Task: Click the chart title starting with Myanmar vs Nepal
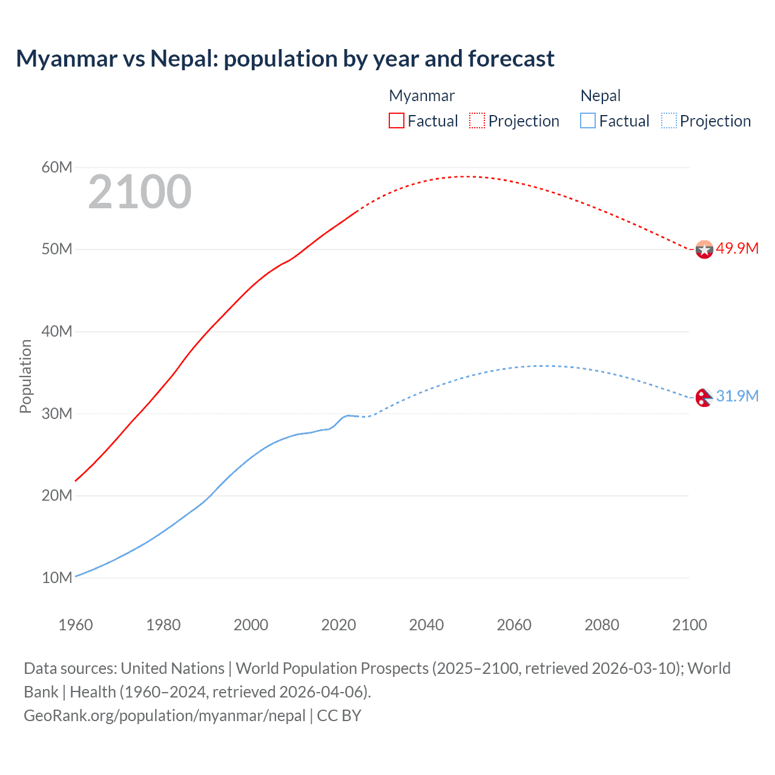coord(285,59)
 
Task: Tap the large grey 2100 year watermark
coord(140,192)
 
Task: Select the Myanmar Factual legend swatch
coord(396,120)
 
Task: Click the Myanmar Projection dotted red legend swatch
coord(477,120)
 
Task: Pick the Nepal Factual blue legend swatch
coord(588,120)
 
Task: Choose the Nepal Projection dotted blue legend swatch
coord(668,120)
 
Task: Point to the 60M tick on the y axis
coord(57,167)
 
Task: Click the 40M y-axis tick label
coord(57,331)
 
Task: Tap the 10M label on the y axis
coord(57,578)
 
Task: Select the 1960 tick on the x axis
coord(76,625)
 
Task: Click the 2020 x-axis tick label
coord(338,625)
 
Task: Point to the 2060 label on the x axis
coord(514,625)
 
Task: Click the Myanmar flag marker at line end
coord(704,249)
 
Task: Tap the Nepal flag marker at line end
coord(704,397)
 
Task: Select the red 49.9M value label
coord(737,249)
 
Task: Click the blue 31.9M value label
coord(737,396)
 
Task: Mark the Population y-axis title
coord(25,376)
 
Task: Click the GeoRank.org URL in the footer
coord(165,716)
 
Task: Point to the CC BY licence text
coord(339,716)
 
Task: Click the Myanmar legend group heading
coord(421,96)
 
